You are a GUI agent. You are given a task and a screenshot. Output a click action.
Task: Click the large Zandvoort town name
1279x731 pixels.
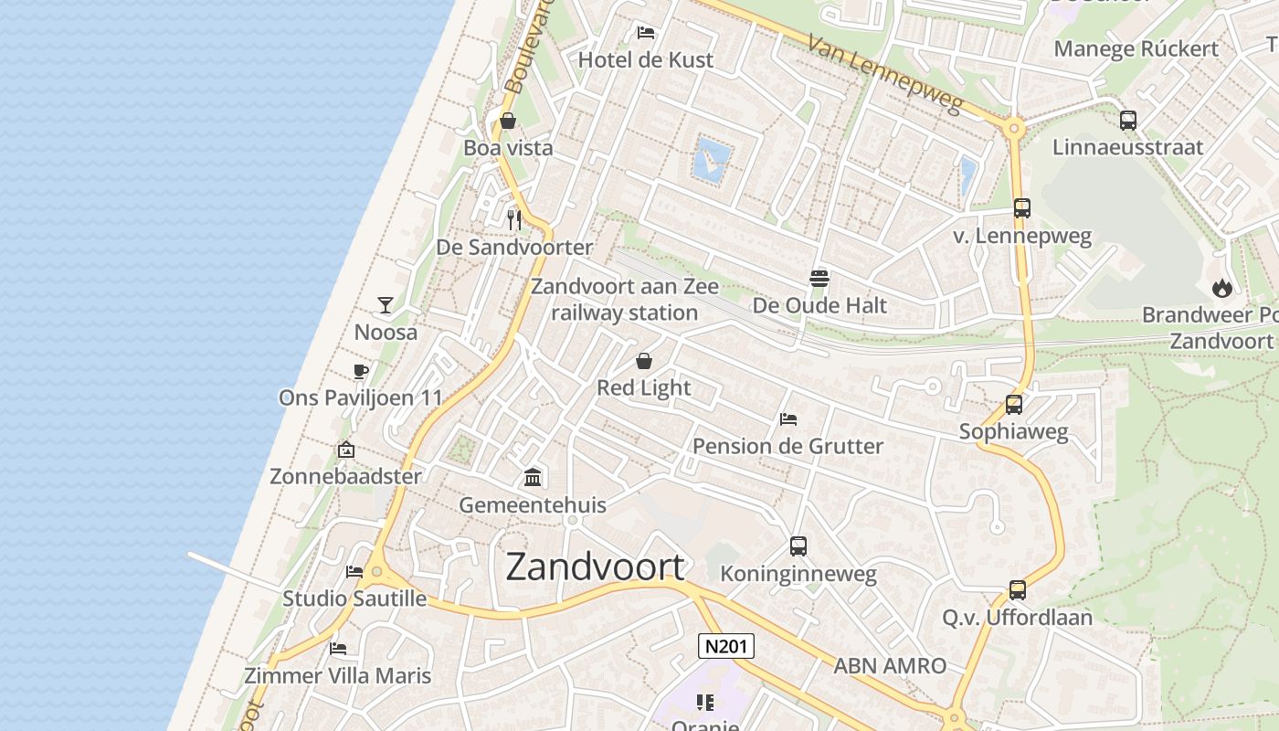pos(595,567)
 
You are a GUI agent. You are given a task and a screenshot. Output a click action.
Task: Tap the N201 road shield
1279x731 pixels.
pos(726,647)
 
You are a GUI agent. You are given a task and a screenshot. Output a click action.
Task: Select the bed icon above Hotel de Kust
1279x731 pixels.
pos(646,33)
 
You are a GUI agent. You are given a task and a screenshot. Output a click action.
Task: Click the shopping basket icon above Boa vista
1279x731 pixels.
pos(508,121)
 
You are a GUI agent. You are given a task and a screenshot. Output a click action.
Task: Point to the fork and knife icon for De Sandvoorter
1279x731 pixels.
pos(514,219)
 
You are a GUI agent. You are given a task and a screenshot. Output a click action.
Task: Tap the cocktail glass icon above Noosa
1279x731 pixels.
pos(386,304)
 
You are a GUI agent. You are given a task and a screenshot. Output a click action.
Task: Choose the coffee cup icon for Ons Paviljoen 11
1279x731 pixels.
pos(361,371)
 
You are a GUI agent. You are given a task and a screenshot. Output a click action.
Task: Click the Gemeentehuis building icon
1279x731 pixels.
pos(533,477)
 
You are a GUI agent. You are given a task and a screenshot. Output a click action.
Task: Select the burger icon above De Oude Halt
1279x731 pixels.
pos(819,278)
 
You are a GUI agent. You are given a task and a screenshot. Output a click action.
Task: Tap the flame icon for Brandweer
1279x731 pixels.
pos(1221,288)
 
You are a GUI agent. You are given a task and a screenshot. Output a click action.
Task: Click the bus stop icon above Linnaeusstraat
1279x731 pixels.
pos(1128,120)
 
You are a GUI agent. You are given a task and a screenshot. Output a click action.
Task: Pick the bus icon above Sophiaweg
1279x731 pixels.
pos(1013,404)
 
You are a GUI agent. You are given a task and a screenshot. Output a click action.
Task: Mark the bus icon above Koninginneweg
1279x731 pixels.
pos(798,546)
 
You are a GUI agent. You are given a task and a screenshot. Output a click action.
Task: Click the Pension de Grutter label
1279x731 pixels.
pos(787,446)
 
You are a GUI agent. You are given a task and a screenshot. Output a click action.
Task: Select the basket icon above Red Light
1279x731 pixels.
pos(644,361)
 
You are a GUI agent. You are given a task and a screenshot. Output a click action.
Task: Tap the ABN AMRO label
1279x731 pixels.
pos(889,666)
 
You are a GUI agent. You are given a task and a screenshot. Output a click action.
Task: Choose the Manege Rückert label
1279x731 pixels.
pos(1136,48)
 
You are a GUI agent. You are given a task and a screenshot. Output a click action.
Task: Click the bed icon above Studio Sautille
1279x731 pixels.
pos(354,572)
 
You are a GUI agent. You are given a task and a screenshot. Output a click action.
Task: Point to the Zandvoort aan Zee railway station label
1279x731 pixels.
pos(625,300)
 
